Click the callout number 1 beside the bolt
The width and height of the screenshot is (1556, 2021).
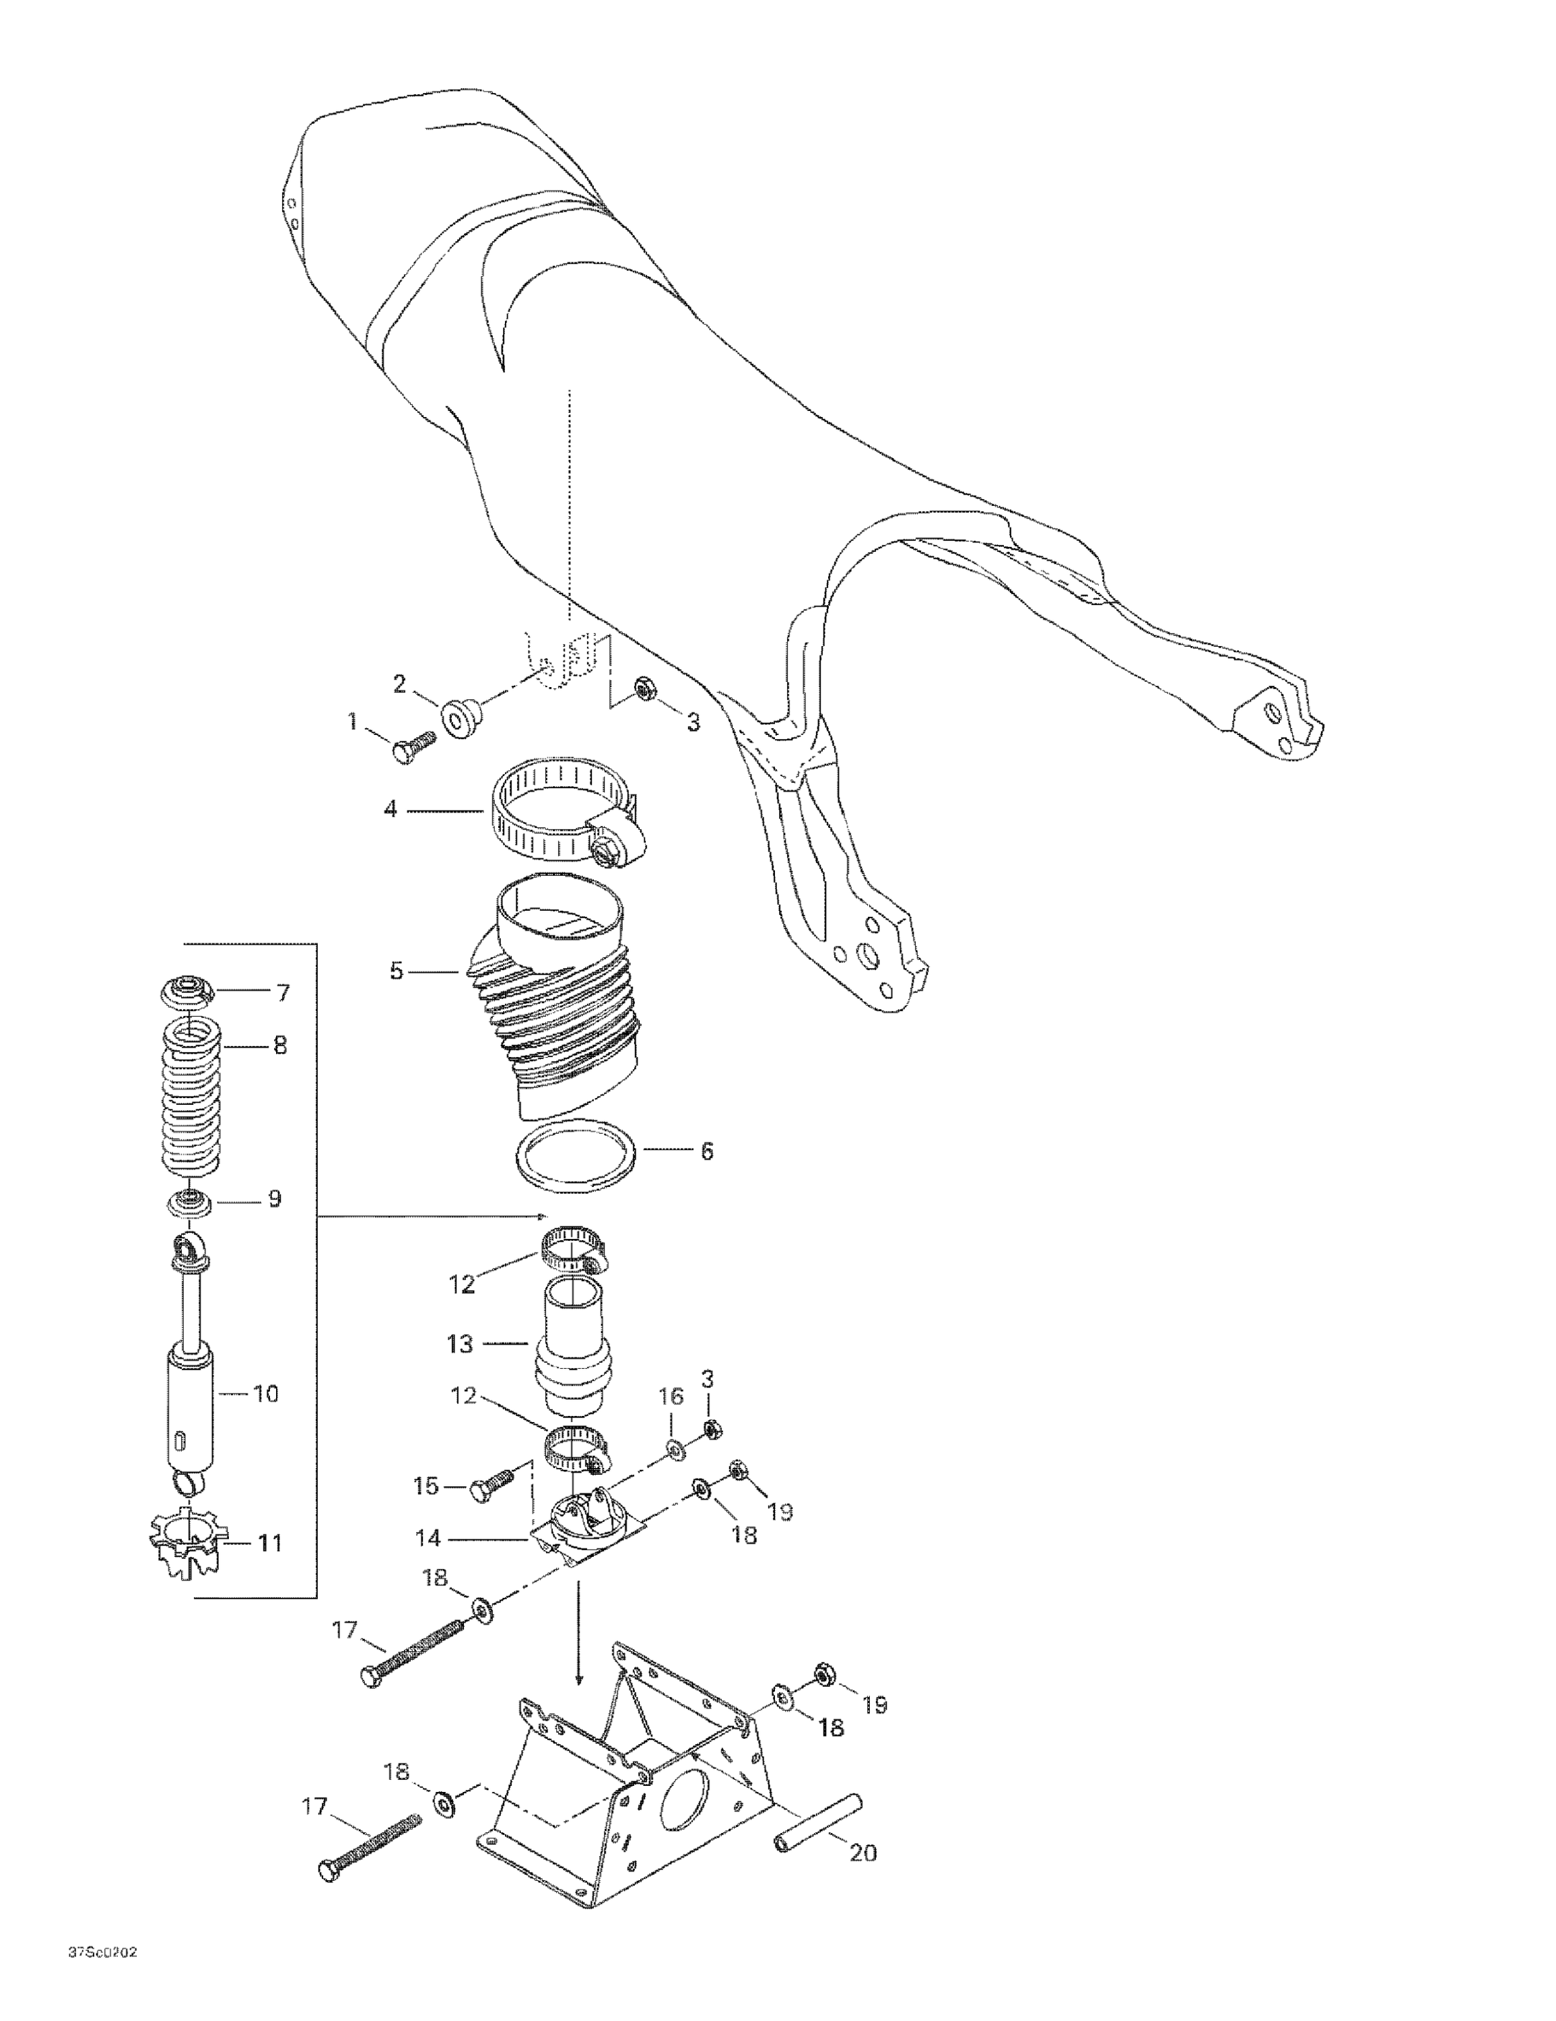point(351,720)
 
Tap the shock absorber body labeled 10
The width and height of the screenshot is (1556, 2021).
point(191,1409)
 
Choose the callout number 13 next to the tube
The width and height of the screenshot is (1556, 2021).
point(460,1344)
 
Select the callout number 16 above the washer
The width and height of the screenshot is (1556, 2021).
point(671,1421)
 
